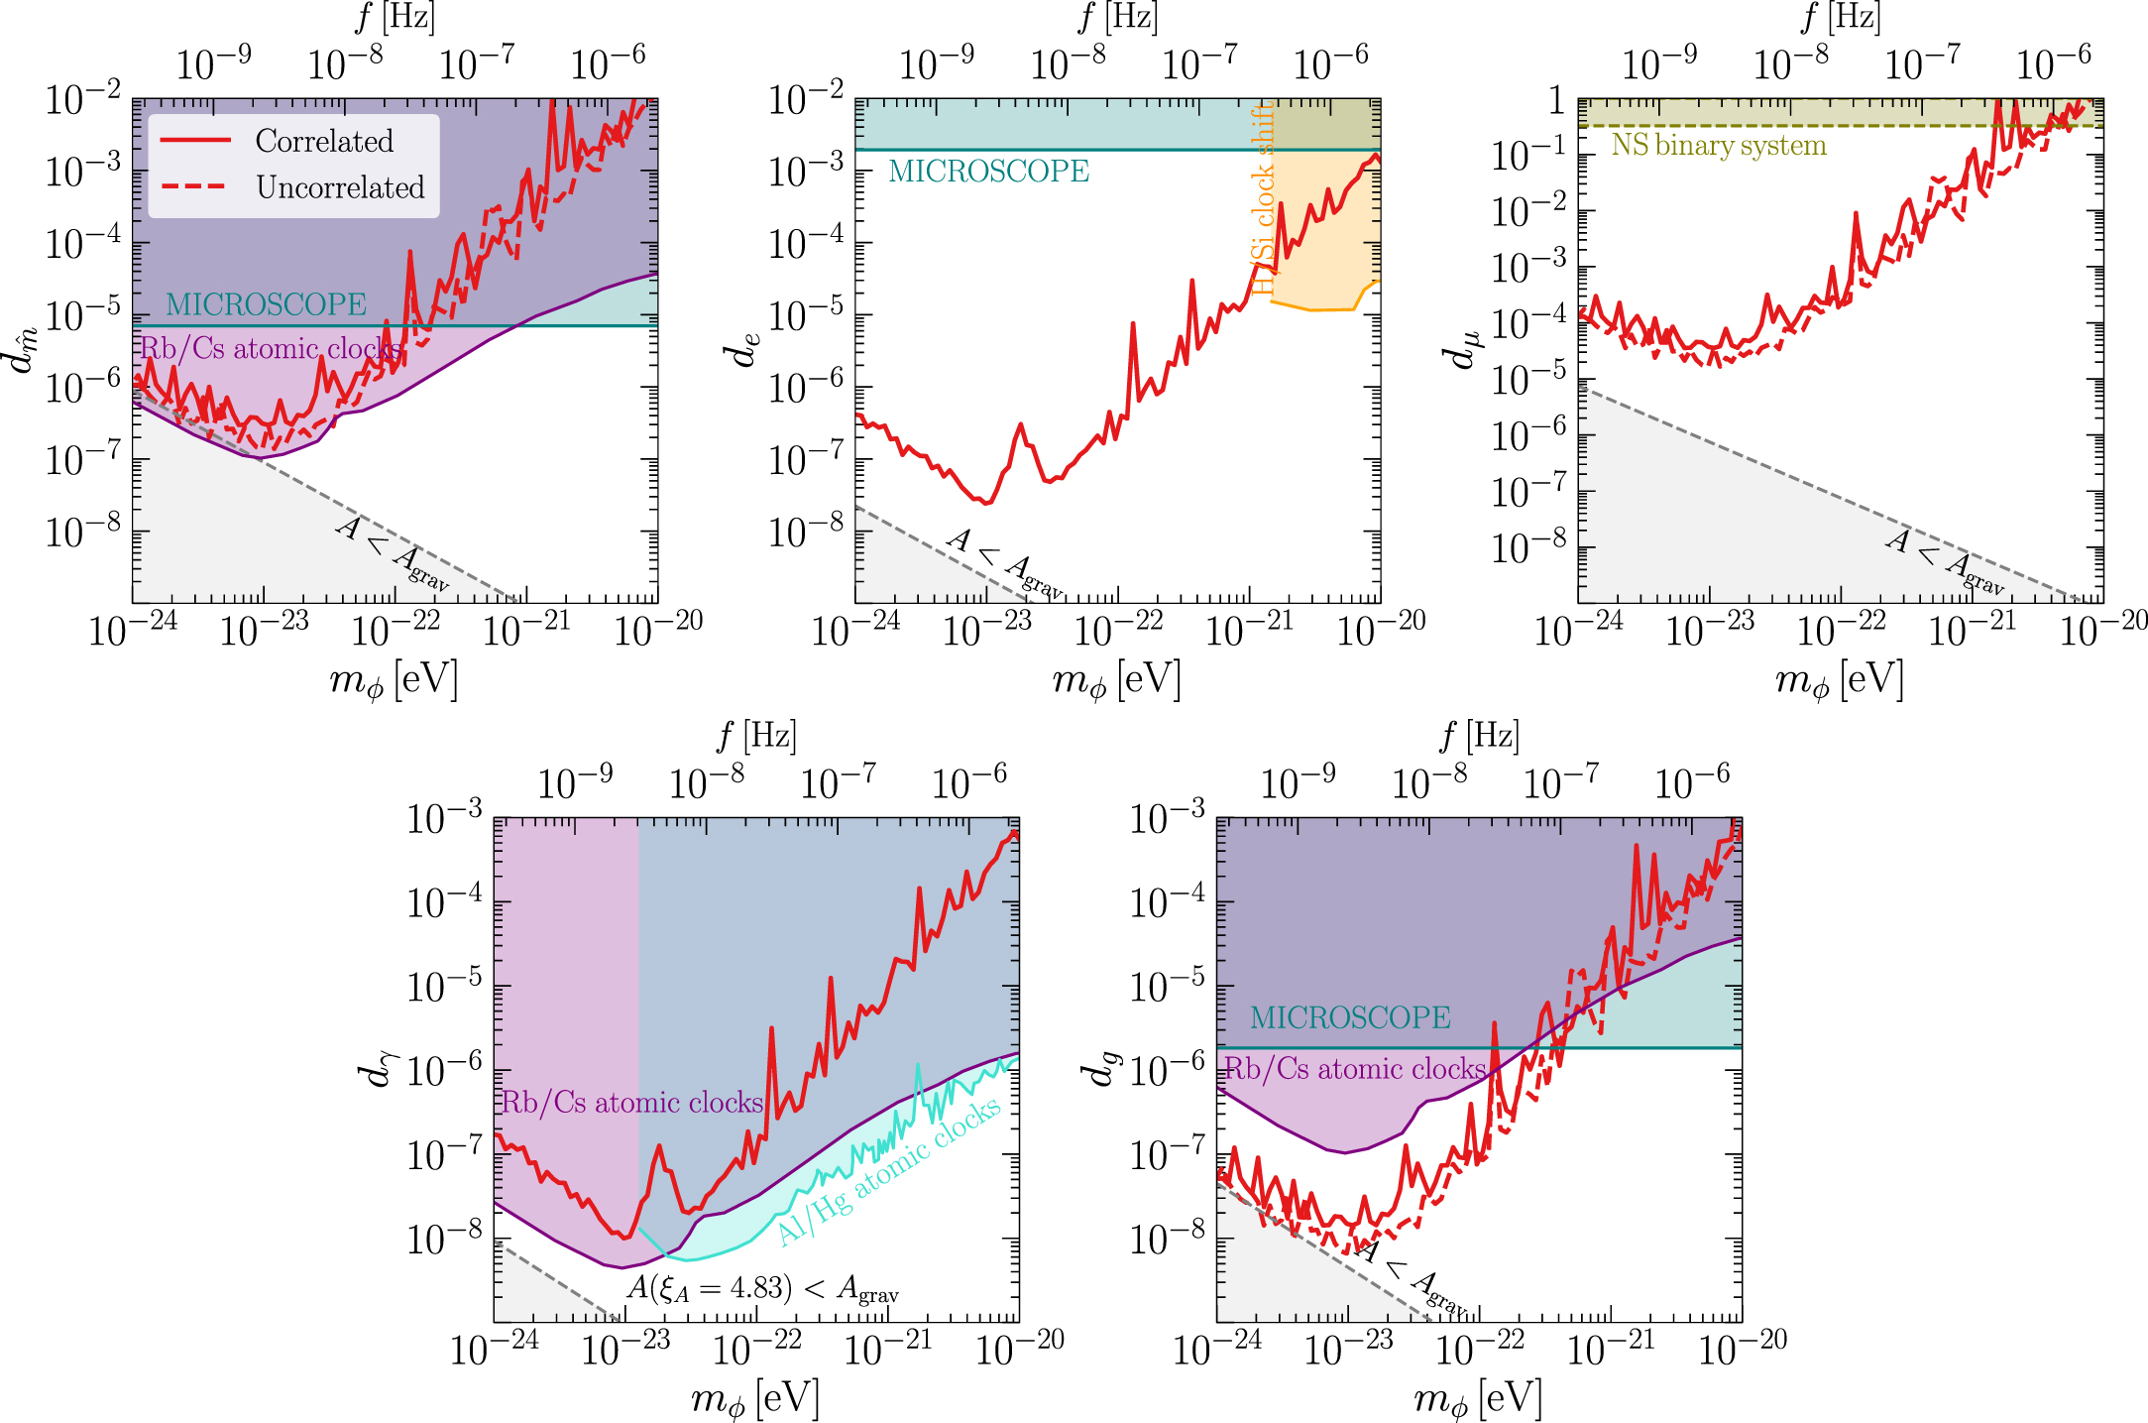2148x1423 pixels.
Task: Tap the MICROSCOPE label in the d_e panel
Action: [x=988, y=172]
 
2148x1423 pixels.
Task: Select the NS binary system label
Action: [x=1718, y=146]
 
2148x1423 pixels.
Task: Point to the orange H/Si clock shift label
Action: [x=1263, y=198]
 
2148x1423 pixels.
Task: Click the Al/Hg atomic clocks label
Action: [x=889, y=1172]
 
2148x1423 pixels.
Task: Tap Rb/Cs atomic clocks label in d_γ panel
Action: [x=632, y=1103]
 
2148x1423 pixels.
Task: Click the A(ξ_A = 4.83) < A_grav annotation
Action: [x=762, y=1288]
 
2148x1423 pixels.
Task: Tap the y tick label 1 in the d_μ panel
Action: [x=1556, y=99]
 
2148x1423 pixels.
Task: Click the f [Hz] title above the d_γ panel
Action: [x=756, y=736]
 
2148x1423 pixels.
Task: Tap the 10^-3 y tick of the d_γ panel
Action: [x=445, y=818]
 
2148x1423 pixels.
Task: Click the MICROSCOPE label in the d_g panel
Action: [x=1349, y=1017]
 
